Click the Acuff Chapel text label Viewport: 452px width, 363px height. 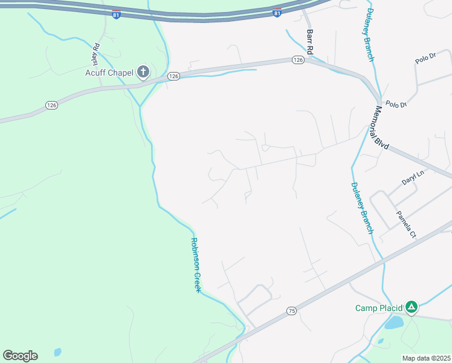pos(109,73)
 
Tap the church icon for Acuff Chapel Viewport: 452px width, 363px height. pos(143,73)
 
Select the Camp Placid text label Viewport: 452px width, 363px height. pos(378,308)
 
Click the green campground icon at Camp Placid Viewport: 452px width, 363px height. pos(411,307)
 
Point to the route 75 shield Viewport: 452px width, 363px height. pos(292,311)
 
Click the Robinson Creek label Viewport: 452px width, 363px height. pos(195,265)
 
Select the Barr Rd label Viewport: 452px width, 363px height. pos(311,42)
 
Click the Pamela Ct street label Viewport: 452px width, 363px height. pos(406,224)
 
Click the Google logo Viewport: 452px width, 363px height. pos(20,356)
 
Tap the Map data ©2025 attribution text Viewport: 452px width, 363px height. pos(426,358)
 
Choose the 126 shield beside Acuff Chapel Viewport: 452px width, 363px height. pos(173,76)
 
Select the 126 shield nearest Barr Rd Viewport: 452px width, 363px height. pos(297,60)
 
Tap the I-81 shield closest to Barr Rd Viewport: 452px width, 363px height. pos(277,13)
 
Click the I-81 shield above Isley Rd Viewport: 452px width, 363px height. pos(117,13)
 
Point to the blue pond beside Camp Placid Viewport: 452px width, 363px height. pos(394,322)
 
